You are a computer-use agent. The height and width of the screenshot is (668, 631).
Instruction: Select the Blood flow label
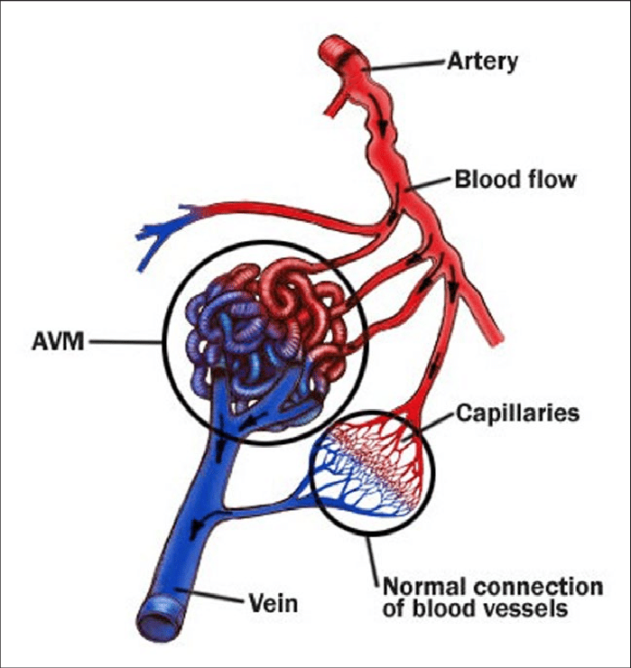tap(515, 179)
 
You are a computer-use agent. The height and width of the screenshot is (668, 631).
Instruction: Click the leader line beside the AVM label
tap(125, 341)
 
